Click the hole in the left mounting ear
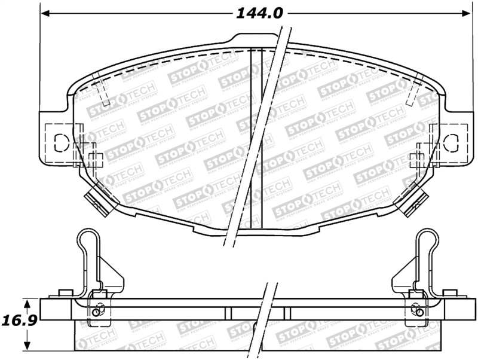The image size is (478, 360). [x=61, y=142]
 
